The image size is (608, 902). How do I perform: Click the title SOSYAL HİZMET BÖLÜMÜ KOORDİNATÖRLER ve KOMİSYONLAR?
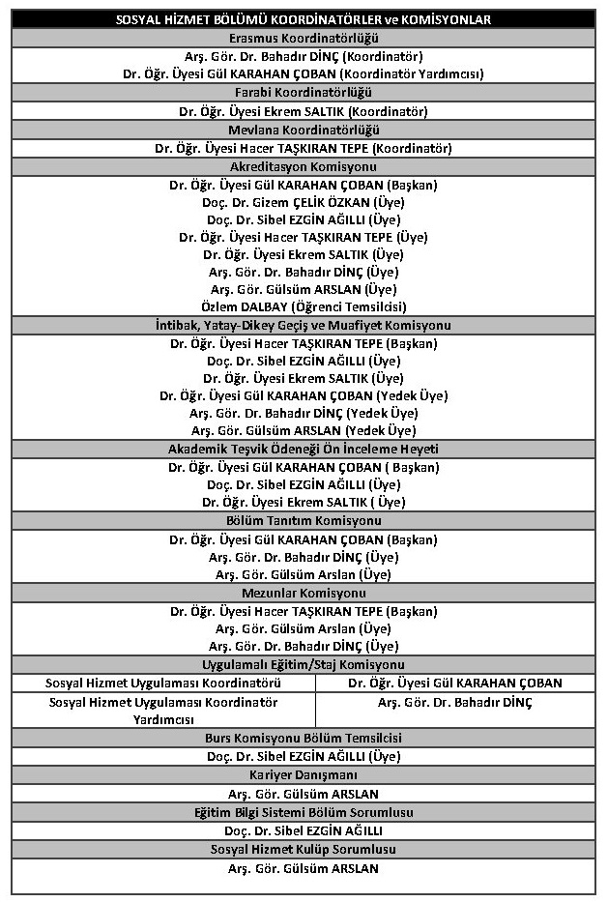(x=304, y=19)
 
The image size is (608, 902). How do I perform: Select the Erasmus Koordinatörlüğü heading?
(x=304, y=38)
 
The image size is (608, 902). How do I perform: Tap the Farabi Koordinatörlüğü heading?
(x=304, y=93)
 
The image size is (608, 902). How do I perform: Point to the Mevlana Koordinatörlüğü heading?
(x=304, y=130)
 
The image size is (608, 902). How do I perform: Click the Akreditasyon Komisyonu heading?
(x=304, y=166)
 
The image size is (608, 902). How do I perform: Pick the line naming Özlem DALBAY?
(x=304, y=306)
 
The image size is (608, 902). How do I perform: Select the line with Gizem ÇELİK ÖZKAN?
(x=304, y=202)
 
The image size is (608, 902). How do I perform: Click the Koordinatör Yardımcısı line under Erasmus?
(x=304, y=73)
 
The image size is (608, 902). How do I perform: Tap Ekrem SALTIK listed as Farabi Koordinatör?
(x=304, y=111)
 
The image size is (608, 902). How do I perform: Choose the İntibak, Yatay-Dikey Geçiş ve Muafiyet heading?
(x=304, y=325)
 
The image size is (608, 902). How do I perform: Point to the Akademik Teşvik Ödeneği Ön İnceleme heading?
(x=304, y=450)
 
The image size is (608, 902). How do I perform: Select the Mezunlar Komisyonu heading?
(x=304, y=593)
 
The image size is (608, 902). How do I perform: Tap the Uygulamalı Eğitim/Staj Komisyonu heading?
(x=304, y=665)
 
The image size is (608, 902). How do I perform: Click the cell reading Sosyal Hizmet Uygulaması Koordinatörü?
(x=162, y=683)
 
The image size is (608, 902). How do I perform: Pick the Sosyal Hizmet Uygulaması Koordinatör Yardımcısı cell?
(x=162, y=711)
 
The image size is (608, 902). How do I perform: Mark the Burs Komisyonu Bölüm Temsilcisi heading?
(x=304, y=738)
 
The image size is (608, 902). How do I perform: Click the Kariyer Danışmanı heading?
(x=304, y=775)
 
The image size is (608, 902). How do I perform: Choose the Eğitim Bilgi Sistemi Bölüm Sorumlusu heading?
(x=304, y=812)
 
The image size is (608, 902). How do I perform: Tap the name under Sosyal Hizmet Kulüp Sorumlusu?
(x=304, y=868)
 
